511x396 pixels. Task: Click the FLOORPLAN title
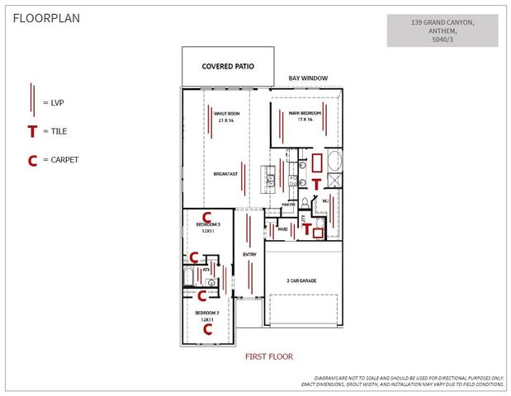[45, 19]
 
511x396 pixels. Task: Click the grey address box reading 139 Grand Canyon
[442, 30]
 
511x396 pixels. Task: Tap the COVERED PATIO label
[228, 65]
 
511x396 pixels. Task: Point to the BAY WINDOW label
[308, 78]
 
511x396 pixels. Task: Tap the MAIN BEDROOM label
[305, 113]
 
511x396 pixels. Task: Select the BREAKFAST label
[226, 174]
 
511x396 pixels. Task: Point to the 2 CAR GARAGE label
[302, 280]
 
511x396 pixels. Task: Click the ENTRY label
[249, 254]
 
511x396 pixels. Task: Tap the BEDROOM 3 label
[206, 224]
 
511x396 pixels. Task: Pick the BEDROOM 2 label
[206, 313]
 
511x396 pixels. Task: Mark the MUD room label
[282, 229]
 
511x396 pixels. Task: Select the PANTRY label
[288, 205]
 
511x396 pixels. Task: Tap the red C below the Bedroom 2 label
[208, 328]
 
